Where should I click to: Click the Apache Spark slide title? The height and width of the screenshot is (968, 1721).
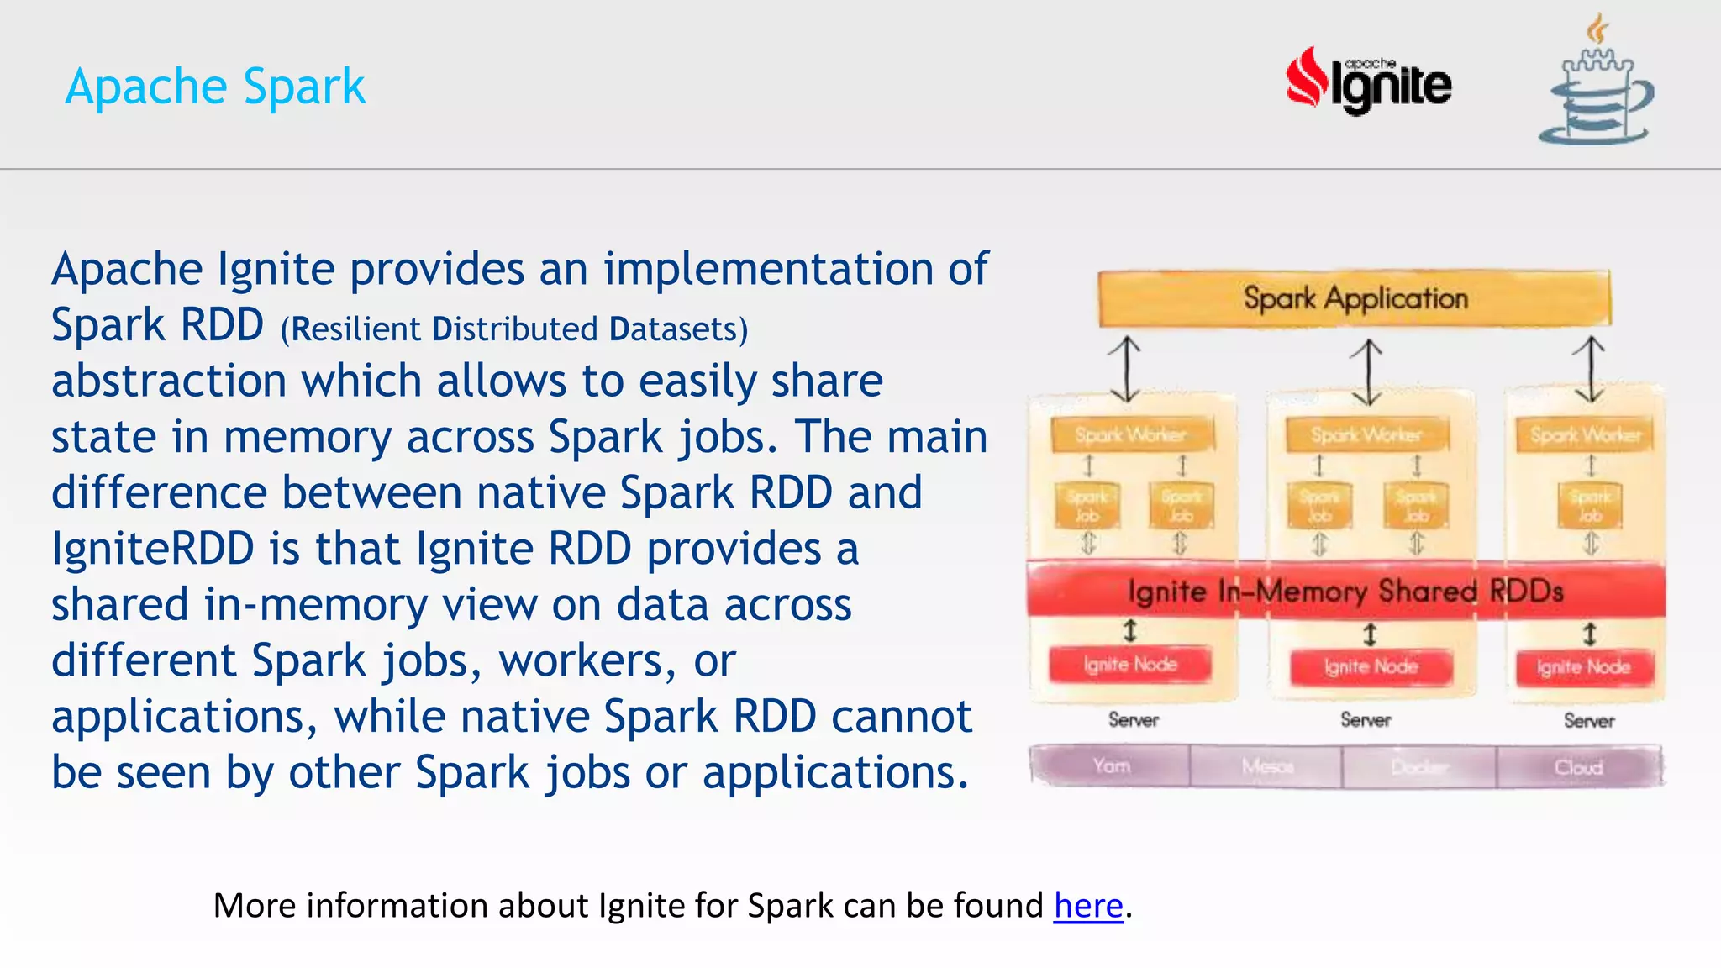(x=215, y=87)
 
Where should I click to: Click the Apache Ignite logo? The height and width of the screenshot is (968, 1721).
(x=1368, y=82)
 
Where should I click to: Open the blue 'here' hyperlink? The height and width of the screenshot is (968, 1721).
(x=1088, y=906)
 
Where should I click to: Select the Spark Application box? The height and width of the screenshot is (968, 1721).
(x=1355, y=298)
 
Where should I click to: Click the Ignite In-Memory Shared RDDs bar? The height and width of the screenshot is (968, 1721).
(x=1345, y=591)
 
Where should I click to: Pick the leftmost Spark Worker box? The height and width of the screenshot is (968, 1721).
(x=1131, y=434)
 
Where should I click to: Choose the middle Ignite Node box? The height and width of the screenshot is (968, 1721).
(x=1371, y=667)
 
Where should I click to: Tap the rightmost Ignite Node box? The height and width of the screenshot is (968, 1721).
(x=1584, y=667)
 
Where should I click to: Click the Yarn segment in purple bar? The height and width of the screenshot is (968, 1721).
(x=1111, y=766)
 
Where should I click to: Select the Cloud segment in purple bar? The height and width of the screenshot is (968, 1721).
(x=1578, y=767)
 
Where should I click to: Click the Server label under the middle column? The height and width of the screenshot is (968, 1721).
(x=1366, y=720)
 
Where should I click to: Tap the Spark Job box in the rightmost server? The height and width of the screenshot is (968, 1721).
(x=1590, y=505)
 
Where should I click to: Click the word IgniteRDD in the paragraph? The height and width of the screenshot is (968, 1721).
(x=152, y=549)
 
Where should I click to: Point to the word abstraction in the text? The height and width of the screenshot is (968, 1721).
(x=169, y=381)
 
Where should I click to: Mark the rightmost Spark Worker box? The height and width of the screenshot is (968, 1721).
(x=1585, y=434)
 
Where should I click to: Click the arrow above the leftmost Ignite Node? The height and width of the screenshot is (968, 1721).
(x=1130, y=630)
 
